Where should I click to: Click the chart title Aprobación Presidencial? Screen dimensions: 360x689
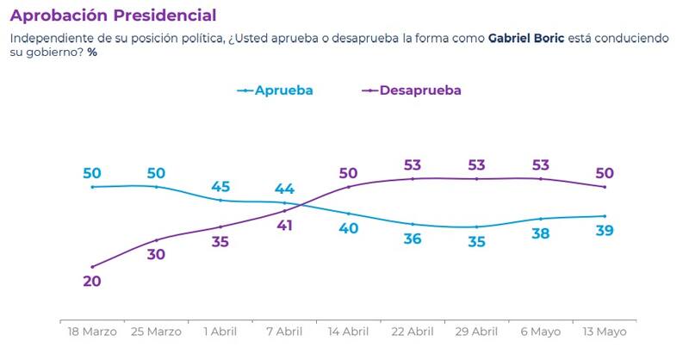113,15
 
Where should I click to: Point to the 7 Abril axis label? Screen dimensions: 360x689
284,332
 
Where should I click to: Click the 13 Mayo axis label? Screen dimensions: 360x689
605,332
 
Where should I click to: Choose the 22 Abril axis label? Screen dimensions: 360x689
413,332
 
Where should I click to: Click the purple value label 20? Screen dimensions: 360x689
92,282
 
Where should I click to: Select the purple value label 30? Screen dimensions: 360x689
156,255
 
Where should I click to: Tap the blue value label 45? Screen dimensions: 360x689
220,186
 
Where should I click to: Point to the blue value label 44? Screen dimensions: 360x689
284,189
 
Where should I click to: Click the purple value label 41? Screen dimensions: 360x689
284,226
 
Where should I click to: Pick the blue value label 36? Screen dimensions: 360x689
413,239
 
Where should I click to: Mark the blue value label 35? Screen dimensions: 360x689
476,242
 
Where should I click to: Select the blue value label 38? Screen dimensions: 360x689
541,233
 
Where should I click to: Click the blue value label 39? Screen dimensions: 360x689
605,231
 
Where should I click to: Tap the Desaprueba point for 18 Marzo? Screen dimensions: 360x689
92,266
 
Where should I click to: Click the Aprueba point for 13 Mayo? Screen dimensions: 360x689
605,216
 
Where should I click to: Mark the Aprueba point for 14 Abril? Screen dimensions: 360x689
349,214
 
